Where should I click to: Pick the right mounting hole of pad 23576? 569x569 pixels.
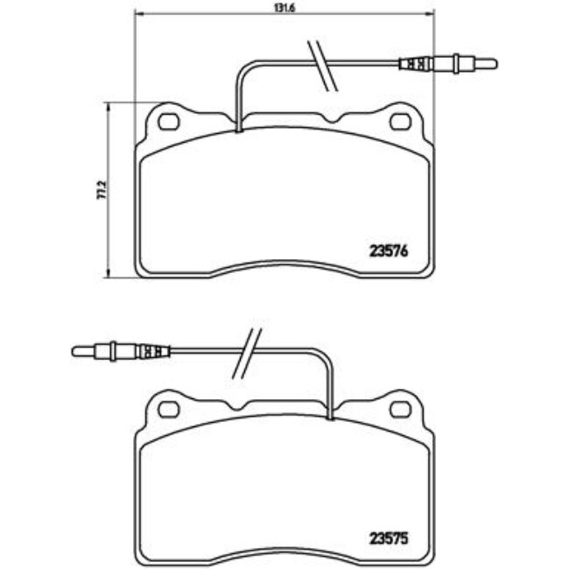[402, 121]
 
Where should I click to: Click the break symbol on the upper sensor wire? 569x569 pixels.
[324, 65]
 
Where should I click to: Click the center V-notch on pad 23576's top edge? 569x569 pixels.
[331, 118]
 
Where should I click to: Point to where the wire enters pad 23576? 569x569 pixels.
[238, 130]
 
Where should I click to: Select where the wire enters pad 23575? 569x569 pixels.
[331, 417]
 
